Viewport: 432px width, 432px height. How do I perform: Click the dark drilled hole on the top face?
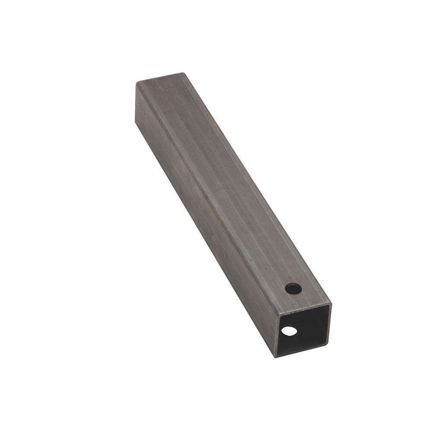pyautogui.click(x=293, y=288)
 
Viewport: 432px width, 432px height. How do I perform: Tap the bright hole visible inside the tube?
pyautogui.click(x=289, y=331)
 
